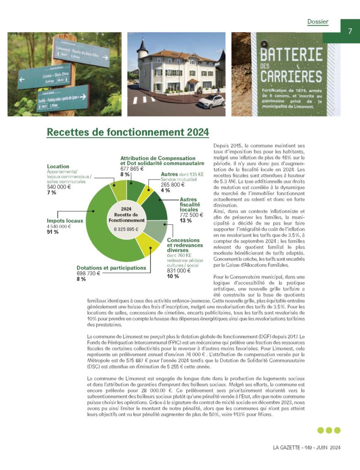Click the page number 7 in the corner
tap(349, 31)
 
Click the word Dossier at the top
tap(318, 22)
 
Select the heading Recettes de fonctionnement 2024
tap(127, 132)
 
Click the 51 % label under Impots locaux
tap(53, 232)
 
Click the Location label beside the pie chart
tap(58, 166)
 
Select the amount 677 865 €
tap(132, 169)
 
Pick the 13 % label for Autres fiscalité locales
tap(185, 220)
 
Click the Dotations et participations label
tap(111, 267)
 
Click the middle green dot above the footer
tap(329, 430)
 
